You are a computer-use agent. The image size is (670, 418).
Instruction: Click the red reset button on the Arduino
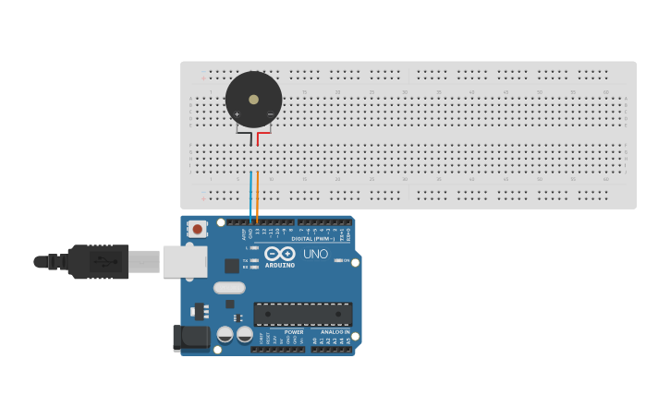tap(197, 229)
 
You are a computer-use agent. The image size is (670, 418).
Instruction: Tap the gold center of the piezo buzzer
tap(254, 99)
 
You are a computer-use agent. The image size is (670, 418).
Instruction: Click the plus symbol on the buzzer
tap(238, 114)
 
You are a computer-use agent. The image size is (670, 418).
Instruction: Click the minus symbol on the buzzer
tap(270, 114)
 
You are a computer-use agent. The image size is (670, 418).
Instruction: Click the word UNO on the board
tap(315, 254)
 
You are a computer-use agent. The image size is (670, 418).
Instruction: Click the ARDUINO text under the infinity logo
tap(280, 266)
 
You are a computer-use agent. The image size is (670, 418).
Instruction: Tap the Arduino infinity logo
tap(279, 253)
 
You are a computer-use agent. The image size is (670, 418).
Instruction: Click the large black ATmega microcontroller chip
tap(302, 314)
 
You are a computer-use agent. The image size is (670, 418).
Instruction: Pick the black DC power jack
tap(191, 338)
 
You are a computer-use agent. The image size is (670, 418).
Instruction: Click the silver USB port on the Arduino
tap(185, 262)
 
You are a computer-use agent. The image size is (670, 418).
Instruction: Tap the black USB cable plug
tap(97, 262)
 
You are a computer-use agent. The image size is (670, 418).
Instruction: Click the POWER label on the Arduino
tap(294, 332)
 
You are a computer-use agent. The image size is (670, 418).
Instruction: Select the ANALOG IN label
tap(335, 332)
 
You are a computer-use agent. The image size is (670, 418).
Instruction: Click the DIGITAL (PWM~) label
tap(312, 238)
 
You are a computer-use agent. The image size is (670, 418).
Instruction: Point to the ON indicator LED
tap(337, 261)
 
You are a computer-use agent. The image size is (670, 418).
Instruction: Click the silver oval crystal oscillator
tap(229, 288)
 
